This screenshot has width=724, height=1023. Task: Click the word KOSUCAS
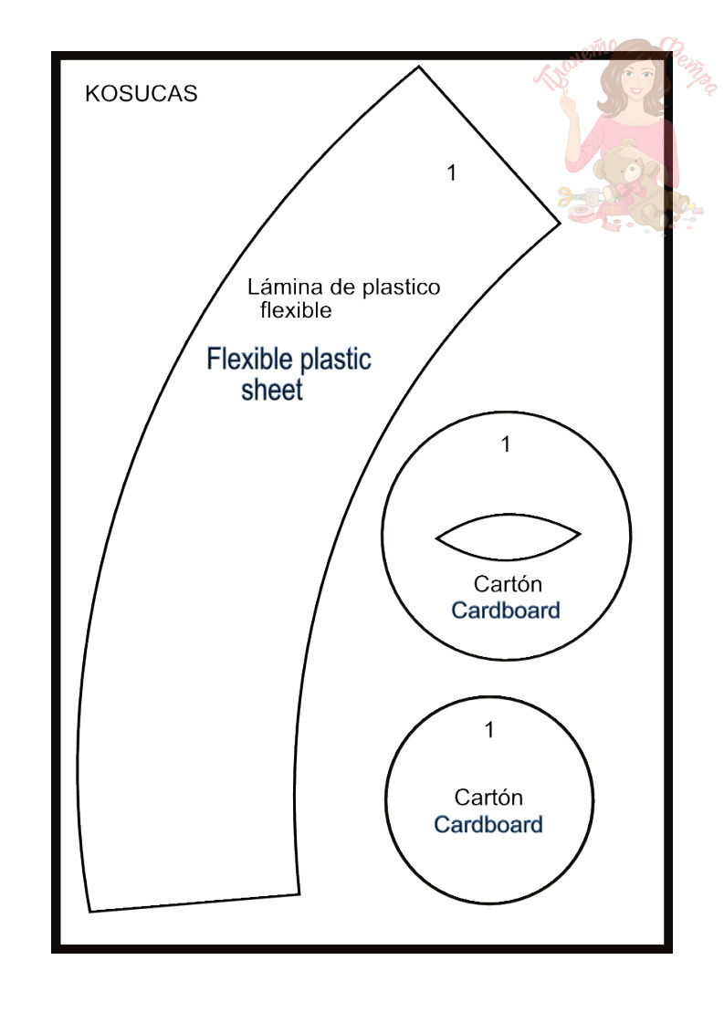tap(141, 94)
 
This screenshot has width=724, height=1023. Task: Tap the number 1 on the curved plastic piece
tap(451, 172)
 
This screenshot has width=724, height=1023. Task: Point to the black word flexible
tap(296, 310)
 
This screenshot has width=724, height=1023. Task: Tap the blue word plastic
tap(336, 358)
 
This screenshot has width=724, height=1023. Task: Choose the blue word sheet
tap(272, 391)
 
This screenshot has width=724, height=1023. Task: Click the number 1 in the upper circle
tap(507, 444)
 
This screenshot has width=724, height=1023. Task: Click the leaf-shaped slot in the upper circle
tap(509, 538)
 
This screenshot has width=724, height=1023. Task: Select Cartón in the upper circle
tap(508, 583)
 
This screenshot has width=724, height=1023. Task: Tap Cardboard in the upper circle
tap(506, 610)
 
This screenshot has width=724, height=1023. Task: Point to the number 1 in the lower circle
tap(489, 730)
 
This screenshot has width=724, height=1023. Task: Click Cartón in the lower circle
tap(488, 798)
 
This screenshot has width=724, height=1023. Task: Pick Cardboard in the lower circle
tap(488, 825)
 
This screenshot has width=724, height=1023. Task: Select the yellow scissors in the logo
tap(568, 195)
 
